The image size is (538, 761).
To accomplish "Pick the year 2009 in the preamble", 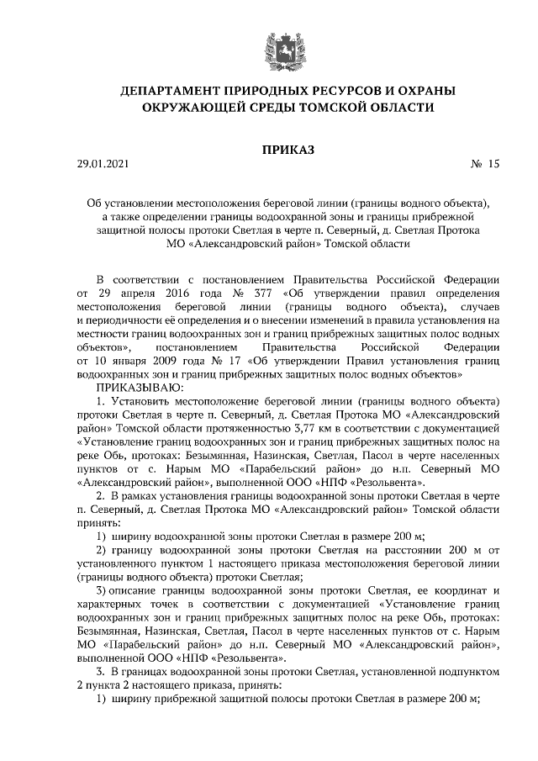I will pyautogui.click(x=170, y=359).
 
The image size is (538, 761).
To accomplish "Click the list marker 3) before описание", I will pyautogui.click(x=100, y=590).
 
